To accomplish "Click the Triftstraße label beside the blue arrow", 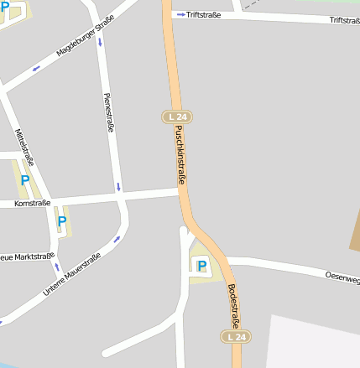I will (x=204, y=14).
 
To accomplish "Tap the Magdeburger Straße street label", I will (x=85, y=40).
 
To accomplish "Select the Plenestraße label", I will (x=108, y=113).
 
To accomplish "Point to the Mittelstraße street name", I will (x=24, y=146).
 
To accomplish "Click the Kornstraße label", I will (x=34, y=203).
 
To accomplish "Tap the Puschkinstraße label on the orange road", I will (x=180, y=155).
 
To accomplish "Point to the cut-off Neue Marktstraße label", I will (x=27, y=256).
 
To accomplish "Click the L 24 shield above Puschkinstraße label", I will (x=175, y=115).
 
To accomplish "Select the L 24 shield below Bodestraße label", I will (x=237, y=337).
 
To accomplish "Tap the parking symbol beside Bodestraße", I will (x=201, y=266).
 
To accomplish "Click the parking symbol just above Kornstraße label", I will (x=24, y=180).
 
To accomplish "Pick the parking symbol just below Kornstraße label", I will (x=60, y=222).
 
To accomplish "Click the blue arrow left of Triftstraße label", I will (x=180, y=14).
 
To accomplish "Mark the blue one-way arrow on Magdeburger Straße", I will (x=36, y=68).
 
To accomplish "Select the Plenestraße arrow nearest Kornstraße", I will (x=118, y=186).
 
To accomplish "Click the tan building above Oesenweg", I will (x=355, y=234).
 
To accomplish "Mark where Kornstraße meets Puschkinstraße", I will (x=180, y=193).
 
